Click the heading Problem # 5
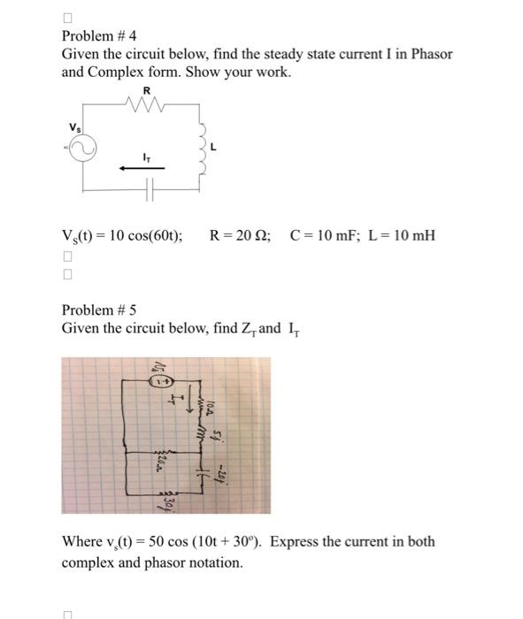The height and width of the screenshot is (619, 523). (99, 310)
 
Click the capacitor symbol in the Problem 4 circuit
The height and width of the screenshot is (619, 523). (150, 190)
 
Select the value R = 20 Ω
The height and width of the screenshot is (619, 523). (242, 236)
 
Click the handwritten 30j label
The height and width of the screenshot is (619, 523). (165, 503)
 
